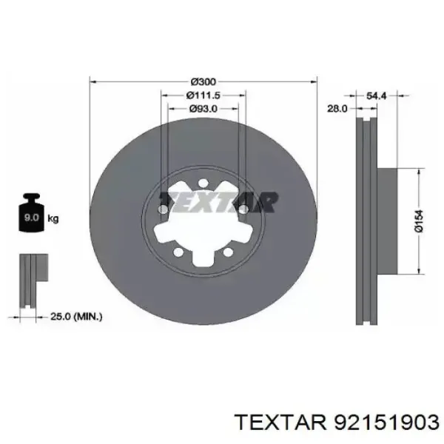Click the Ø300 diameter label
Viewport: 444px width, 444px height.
203,81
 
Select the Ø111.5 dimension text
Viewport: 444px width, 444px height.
203,95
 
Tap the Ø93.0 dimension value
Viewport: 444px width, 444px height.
203,109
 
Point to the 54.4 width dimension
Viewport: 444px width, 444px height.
376,95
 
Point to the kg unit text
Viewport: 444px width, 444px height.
53,219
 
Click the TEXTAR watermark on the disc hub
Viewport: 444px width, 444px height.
220,201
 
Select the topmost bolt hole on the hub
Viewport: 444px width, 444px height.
203,184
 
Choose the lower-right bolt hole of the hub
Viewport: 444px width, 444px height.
226,253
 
